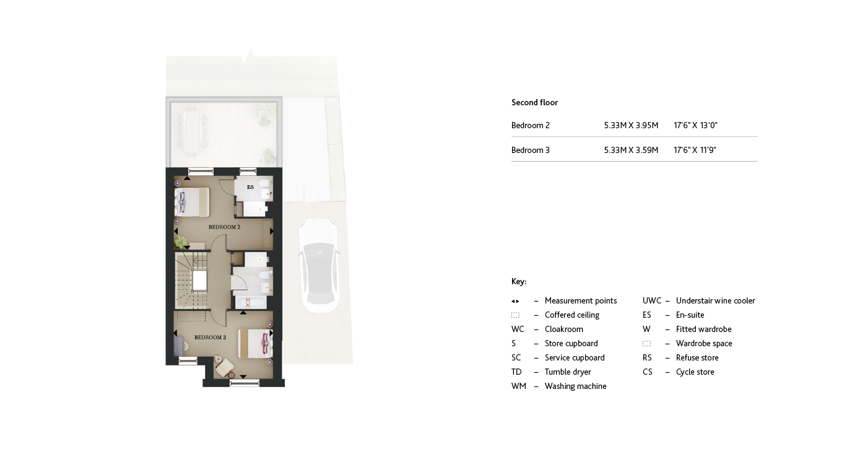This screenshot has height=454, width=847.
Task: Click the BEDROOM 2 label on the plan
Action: click(x=224, y=227)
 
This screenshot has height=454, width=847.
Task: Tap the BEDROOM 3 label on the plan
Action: click(x=210, y=338)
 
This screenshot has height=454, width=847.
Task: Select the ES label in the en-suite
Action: click(x=250, y=187)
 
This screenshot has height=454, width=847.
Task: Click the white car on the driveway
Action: click(x=319, y=265)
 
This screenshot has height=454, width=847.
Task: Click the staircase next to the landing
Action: click(x=189, y=280)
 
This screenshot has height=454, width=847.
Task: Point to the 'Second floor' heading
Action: click(x=534, y=103)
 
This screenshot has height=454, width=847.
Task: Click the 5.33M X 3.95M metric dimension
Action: click(x=631, y=126)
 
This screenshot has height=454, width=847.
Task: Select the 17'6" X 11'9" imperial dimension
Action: click(x=695, y=151)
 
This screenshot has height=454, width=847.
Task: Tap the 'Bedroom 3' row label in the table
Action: click(x=531, y=151)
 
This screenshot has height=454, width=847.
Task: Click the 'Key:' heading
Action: click(x=519, y=282)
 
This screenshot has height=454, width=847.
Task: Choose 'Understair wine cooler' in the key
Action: click(x=715, y=301)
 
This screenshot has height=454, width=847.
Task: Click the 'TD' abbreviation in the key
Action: click(x=516, y=372)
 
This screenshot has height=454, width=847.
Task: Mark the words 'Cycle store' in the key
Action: click(x=695, y=372)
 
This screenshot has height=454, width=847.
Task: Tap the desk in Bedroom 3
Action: click(x=179, y=344)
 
